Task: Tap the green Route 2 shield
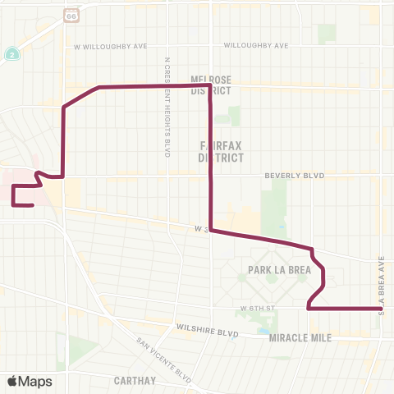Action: [x=12, y=53]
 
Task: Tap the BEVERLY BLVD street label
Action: [x=295, y=176]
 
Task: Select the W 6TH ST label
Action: [x=256, y=308]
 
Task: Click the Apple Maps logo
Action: [x=30, y=381]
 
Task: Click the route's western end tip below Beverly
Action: [x=32, y=205]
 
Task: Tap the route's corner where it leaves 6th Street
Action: [x=308, y=309]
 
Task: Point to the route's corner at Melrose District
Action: [x=211, y=85]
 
